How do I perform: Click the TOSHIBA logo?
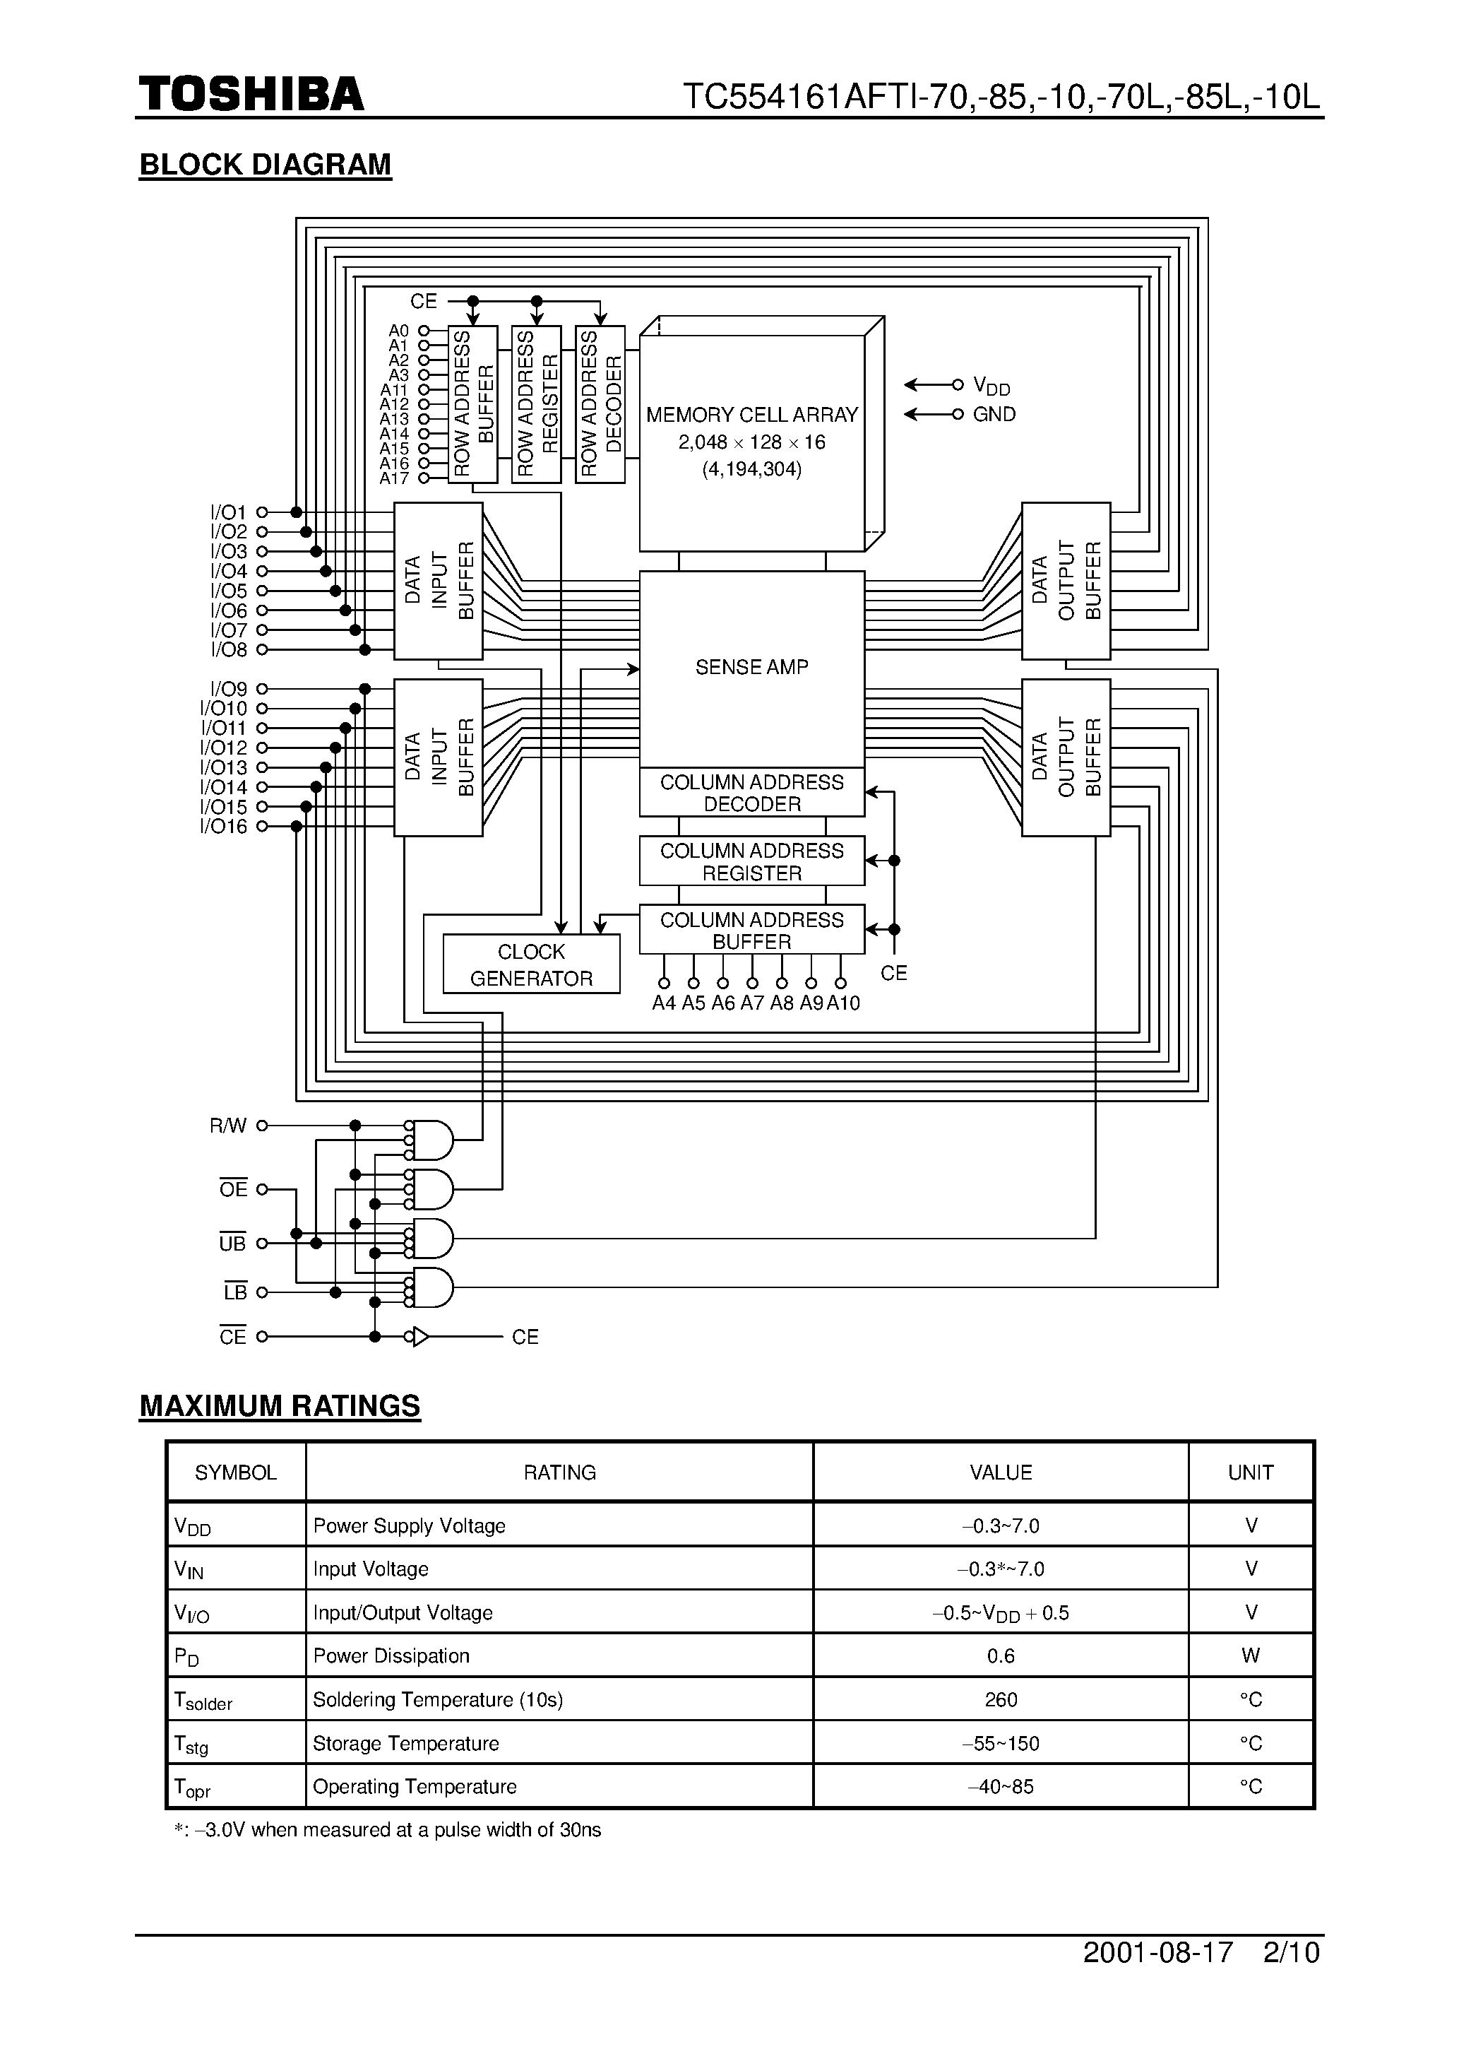point(251,95)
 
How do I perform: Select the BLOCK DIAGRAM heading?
point(266,165)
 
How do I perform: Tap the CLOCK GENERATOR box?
point(531,964)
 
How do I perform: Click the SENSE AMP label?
point(751,667)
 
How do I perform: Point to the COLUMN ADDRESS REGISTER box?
point(751,861)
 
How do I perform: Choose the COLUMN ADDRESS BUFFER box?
point(751,930)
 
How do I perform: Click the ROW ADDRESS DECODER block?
point(600,404)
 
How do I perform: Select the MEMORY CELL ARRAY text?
point(751,415)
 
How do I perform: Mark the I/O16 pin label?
point(223,826)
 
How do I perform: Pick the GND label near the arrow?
point(994,414)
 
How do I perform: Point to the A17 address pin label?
point(394,479)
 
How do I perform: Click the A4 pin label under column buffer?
point(664,1003)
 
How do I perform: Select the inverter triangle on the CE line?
point(420,1337)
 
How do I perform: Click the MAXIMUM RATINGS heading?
point(280,1405)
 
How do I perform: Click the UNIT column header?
point(1250,1472)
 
